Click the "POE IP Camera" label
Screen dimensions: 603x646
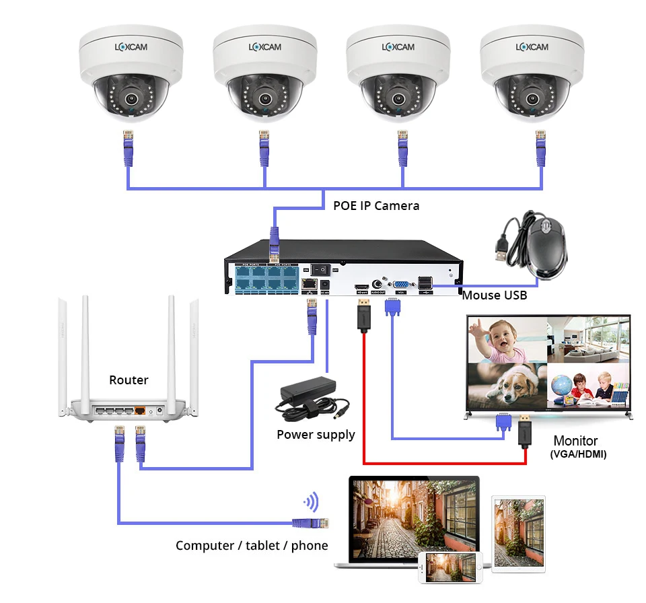click(x=376, y=206)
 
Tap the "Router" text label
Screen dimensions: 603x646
click(x=129, y=380)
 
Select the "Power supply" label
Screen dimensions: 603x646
click(x=316, y=435)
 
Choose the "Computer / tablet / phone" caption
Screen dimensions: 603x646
click(x=252, y=546)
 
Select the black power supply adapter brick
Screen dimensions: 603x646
click(x=309, y=389)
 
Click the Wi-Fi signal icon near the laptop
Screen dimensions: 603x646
click(x=311, y=502)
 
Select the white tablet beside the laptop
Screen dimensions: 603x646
click(x=518, y=532)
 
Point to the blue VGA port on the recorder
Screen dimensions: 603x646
click(x=400, y=284)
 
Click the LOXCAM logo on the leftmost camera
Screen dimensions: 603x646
click(x=130, y=47)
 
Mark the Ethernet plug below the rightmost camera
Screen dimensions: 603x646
click(x=539, y=147)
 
